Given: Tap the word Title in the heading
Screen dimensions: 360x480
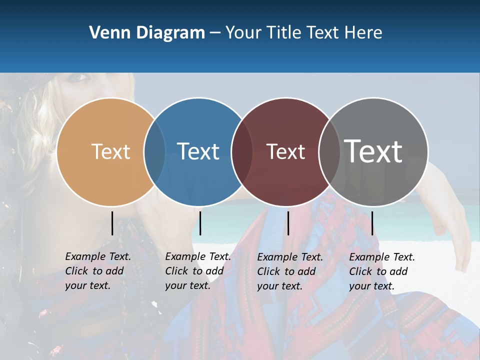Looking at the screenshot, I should [x=283, y=33].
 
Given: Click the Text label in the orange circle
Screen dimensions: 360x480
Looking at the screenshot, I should [x=110, y=151].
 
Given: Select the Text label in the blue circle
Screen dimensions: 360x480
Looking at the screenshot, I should [x=198, y=151].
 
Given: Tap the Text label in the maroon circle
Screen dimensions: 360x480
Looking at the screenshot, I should [x=285, y=151].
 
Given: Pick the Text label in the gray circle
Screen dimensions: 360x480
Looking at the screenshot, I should [x=373, y=151].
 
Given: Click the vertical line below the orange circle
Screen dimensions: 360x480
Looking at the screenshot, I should [x=112, y=223].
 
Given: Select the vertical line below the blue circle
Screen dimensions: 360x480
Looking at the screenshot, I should [x=200, y=223].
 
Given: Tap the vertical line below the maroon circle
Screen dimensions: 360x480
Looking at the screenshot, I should [x=288, y=223].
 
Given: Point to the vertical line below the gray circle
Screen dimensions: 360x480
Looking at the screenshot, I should [x=372, y=223].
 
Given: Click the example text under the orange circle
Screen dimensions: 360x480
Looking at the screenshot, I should [x=97, y=271].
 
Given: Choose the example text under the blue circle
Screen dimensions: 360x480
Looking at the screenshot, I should [x=197, y=271].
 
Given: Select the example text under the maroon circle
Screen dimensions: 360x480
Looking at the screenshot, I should [x=289, y=271].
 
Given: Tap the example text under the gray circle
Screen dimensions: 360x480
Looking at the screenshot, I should [x=381, y=271].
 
